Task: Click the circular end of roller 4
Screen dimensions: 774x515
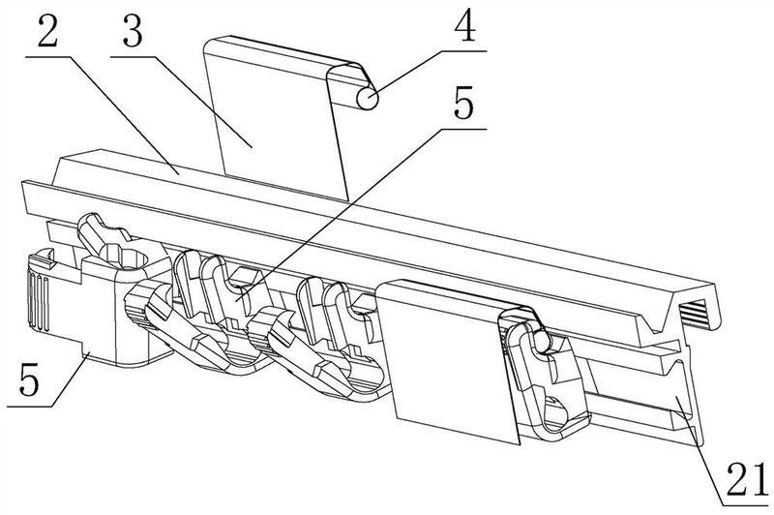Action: click(x=367, y=99)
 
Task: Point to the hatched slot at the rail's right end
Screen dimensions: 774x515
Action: click(x=700, y=312)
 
